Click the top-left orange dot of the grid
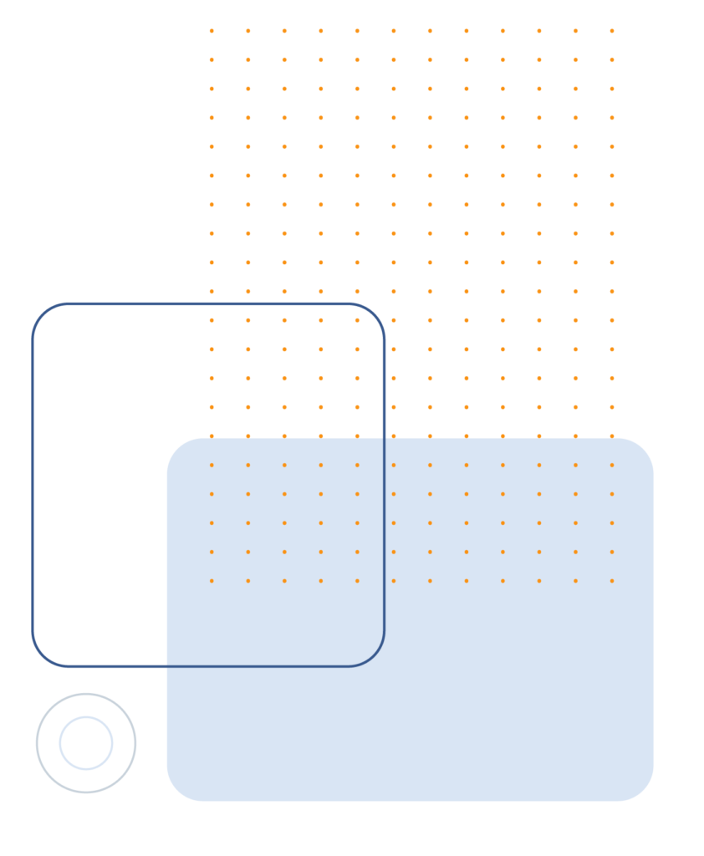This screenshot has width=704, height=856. [212, 31]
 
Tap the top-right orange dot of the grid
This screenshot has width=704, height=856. [612, 31]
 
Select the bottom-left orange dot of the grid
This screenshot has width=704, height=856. [212, 581]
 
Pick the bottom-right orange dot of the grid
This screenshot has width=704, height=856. [612, 581]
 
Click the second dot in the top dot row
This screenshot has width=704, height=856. [248, 31]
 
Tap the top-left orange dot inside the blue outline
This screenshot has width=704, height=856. [212, 320]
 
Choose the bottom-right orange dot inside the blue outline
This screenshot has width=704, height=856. [357, 581]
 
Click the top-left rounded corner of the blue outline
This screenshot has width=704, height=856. [43, 313]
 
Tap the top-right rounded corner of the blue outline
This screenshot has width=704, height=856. [375, 313]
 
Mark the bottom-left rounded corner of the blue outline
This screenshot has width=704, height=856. [43, 656]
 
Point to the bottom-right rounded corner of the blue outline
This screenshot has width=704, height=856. [375, 656]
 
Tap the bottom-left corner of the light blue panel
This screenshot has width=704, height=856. [176, 792]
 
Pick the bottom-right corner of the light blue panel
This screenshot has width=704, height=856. [645, 792]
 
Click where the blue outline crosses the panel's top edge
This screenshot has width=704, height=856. [384, 438]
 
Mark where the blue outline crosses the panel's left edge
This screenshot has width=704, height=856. [166, 666]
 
